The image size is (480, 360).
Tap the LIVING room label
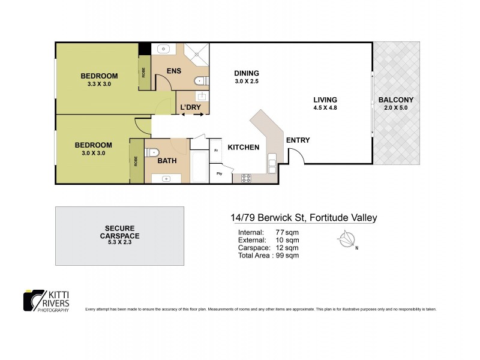click(x=325, y=100)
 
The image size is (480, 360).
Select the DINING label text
click(x=246, y=73)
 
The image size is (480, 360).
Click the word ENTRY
click(x=298, y=140)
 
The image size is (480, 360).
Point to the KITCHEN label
click(x=243, y=147)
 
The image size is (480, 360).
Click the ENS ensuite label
click(x=173, y=71)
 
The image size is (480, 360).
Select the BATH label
click(x=166, y=161)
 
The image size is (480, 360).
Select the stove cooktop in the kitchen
click(x=245, y=178)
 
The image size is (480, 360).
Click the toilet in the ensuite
click(x=202, y=81)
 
